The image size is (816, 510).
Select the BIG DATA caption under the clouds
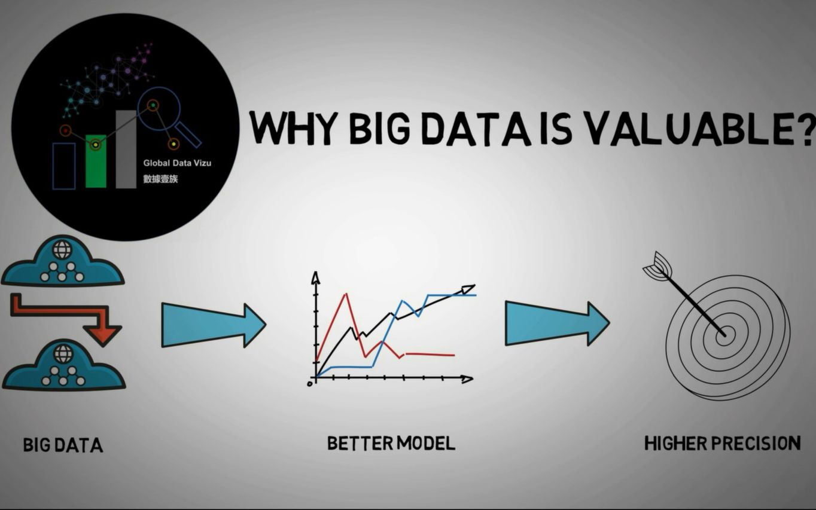[63, 445]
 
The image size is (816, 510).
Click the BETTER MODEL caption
[391, 444]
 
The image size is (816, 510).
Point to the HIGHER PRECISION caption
[723, 444]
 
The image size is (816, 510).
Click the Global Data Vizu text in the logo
[178, 163]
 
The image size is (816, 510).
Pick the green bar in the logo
[96, 161]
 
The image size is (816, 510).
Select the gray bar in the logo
[126, 149]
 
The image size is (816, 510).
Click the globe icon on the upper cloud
[62, 249]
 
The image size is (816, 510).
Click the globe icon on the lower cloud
[63, 353]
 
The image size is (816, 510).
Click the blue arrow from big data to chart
[214, 325]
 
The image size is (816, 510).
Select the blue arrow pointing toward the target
[558, 323]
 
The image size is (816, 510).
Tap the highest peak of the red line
[346, 294]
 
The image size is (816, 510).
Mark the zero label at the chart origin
[310, 384]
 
